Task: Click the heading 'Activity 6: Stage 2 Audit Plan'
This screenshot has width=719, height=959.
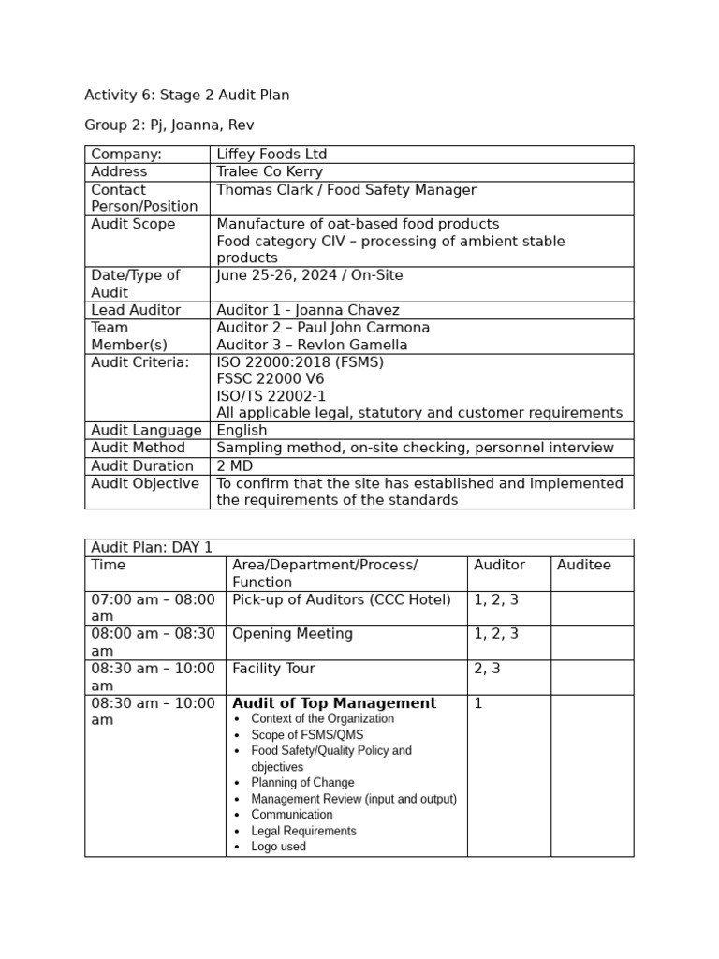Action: [x=186, y=95]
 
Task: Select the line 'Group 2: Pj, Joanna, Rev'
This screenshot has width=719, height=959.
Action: [x=169, y=125]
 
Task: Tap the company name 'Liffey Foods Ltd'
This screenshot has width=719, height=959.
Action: [x=271, y=155]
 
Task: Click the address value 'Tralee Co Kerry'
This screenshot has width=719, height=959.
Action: [x=270, y=171]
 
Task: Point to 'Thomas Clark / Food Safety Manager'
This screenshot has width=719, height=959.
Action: [x=345, y=190]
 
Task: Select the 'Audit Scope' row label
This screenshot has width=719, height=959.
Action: [x=133, y=224]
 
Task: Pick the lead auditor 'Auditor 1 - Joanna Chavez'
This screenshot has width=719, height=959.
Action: [x=307, y=310]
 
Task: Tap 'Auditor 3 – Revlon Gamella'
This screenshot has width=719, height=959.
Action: [x=312, y=345]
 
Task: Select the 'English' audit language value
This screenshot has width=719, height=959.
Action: [x=242, y=431]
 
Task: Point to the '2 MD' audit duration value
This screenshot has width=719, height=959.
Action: [x=235, y=465]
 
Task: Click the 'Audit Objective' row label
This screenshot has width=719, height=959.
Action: [x=144, y=483]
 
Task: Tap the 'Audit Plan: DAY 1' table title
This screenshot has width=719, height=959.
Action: [x=152, y=548]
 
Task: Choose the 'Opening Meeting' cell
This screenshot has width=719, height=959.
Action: [x=292, y=634]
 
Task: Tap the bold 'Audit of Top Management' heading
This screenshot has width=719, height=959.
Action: [x=334, y=703]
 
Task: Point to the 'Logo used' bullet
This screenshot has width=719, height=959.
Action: [x=278, y=847]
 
